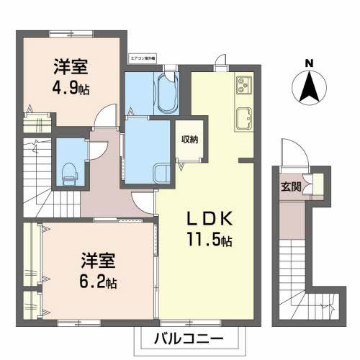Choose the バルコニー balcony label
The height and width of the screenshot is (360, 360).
point(189,336)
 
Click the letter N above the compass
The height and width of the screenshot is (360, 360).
point(309,63)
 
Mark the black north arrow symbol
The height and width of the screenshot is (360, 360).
point(309,89)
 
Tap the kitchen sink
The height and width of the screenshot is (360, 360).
point(244,118)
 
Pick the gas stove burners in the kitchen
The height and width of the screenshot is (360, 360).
point(243,86)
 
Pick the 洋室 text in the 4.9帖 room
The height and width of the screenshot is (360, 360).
point(71,69)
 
